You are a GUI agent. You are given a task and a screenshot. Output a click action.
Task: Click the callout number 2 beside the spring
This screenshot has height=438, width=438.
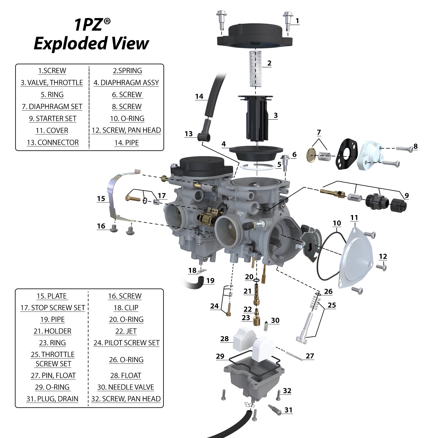(269, 63)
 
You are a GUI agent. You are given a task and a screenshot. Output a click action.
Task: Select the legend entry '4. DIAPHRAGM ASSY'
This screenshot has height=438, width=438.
(126, 83)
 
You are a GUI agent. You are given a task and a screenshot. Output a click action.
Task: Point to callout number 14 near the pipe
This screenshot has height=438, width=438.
(199, 96)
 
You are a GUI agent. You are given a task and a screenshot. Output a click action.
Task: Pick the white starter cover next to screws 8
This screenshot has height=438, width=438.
(369, 155)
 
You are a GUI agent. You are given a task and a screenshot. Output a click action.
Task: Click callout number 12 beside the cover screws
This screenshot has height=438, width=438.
(383, 256)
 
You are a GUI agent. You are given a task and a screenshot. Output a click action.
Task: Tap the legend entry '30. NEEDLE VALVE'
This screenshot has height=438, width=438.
(126, 387)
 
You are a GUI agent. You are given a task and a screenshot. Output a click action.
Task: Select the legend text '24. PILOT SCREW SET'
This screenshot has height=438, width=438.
(126, 343)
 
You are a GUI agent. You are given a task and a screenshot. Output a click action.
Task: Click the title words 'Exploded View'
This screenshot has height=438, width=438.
(91, 44)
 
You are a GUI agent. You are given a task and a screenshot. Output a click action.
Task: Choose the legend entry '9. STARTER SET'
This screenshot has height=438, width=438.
(53, 119)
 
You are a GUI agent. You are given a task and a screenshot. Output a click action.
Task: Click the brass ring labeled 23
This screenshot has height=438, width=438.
(257, 321)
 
